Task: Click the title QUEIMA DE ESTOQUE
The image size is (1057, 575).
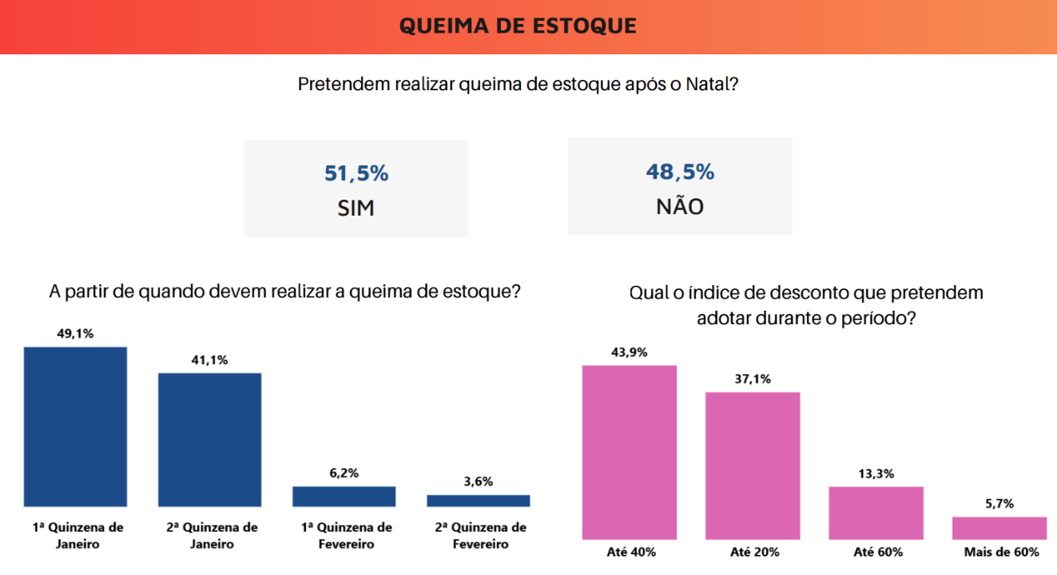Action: [518, 26]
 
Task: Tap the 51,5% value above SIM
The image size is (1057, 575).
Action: [356, 172]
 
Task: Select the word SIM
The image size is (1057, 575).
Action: [356, 208]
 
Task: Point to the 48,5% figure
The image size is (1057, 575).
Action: [680, 171]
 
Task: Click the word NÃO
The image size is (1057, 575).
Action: [680, 207]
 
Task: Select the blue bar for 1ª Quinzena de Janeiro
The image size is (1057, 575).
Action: [76, 426]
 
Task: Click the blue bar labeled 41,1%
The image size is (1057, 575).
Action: [210, 439]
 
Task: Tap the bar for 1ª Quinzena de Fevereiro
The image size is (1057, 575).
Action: [344, 496]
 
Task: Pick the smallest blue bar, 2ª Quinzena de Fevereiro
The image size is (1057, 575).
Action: [478, 501]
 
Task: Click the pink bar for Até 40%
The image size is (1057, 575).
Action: [630, 451]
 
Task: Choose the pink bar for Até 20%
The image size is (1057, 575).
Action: [753, 465]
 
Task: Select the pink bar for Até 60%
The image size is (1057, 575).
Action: [876, 512]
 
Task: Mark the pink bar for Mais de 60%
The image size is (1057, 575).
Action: [999, 528]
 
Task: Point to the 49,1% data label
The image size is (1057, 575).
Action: [75, 334]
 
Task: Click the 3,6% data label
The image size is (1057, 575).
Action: [478, 482]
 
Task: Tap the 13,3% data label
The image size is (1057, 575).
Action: [876, 474]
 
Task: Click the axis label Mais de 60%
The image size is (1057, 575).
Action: [1002, 552]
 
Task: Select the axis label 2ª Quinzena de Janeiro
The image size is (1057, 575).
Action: [213, 536]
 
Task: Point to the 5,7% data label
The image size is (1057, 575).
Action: [999, 504]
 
